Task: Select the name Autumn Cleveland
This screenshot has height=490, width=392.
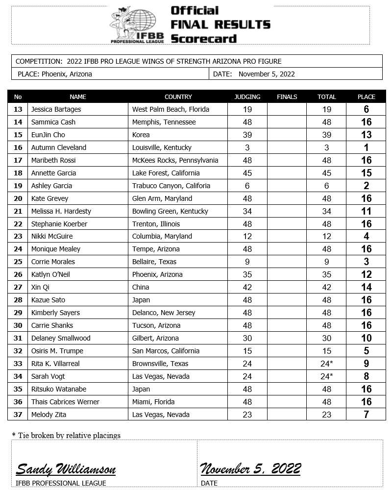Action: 58,147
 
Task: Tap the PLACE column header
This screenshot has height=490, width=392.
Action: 366,97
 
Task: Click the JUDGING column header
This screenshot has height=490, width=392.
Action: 247,97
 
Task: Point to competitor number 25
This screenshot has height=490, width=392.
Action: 18,262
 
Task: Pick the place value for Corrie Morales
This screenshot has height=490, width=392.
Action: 366,262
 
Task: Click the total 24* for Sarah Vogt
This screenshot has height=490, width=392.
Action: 327,376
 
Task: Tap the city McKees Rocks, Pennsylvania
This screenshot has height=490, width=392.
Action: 175,160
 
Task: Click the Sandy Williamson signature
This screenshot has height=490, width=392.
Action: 66,469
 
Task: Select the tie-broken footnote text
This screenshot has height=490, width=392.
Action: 66,435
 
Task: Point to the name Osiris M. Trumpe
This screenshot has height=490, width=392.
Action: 57,351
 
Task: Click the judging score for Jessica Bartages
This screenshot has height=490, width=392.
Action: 247,109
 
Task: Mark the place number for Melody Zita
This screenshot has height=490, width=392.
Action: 366,415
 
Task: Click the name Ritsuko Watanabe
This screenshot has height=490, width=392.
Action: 58,389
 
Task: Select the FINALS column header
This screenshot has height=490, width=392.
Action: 287,97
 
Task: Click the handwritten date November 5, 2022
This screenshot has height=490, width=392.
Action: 250,469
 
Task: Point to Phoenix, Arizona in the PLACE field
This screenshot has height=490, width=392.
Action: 67,74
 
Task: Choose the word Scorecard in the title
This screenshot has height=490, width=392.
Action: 204,39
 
